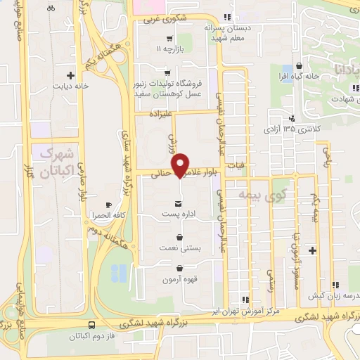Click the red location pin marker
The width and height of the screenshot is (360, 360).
(182, 165)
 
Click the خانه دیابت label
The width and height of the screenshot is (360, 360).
(70, 86)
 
